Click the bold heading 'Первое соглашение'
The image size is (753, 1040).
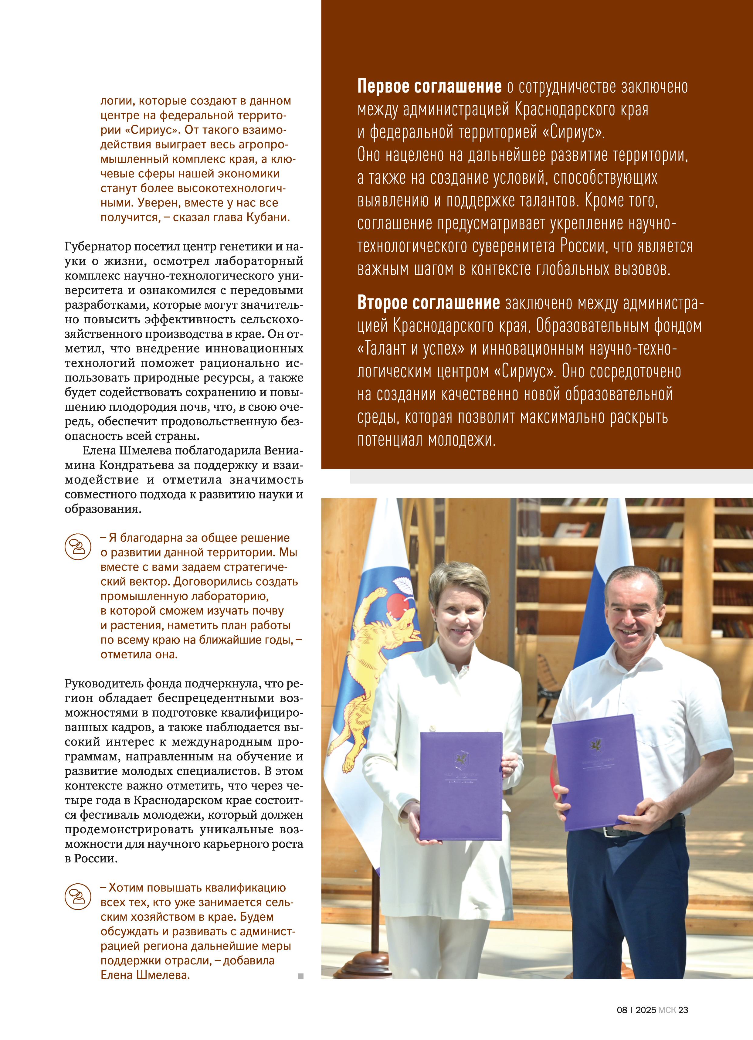pyautogui.click(x=429, y=86)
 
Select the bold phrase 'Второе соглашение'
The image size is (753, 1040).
pyautogui.click(x=428, y=303)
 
